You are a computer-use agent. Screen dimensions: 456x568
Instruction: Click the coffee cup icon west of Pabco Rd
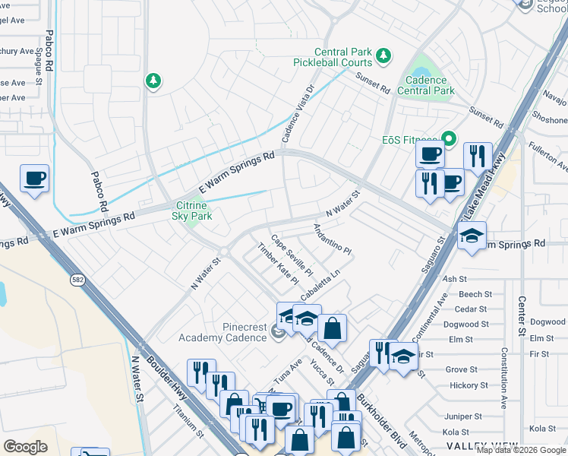pyautogui.click(x=34, y=179)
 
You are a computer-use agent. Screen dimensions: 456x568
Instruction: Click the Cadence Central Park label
pyautogui.click(x=430, y=84)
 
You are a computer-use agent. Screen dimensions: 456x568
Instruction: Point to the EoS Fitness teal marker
pyautogui.click(x=448, y=139)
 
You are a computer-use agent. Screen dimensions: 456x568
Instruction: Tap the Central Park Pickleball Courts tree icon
pyautogui.click(x=384, y=55)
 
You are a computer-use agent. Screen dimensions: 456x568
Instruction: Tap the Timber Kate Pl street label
pyautogui.click(x=278, y=264)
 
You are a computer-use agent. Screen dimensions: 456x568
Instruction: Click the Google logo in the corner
pyautogui.click(x=25, y=447)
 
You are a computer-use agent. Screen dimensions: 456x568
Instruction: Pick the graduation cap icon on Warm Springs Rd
pyautogui.click(x=472, y=236)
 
